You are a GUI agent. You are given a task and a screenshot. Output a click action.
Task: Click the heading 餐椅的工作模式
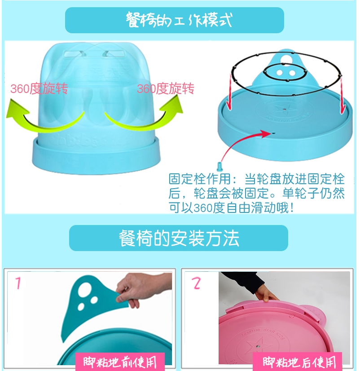[179, 20]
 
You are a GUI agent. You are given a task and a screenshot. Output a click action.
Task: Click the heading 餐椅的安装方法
[179, 238]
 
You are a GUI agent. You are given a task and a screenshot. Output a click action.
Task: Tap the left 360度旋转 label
[39, 88]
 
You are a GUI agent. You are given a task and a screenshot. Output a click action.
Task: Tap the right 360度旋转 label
[166, 88]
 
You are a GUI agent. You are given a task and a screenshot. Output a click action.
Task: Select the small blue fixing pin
[220, 167]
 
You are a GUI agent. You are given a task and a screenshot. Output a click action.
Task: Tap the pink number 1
[18, 283]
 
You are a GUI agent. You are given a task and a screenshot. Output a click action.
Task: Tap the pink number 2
[196, 283]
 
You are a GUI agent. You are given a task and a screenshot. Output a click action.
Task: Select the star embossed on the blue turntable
[284, 109]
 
